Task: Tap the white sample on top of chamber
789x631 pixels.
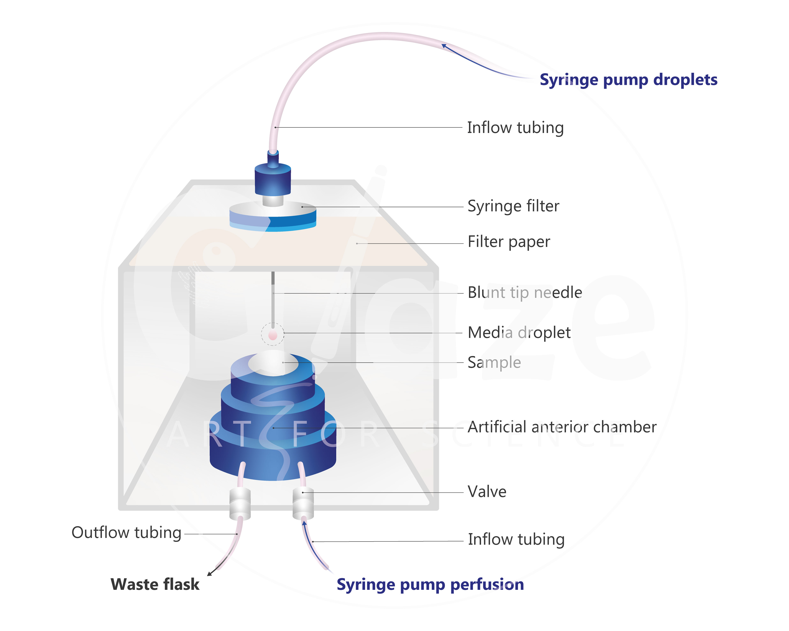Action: click(x=273, y=363)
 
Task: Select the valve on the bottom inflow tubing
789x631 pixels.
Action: click(x=303, y=503)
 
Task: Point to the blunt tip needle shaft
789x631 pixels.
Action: click(x=273, y=300)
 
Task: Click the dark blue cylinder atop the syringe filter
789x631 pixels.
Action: click(x=273, y=179)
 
